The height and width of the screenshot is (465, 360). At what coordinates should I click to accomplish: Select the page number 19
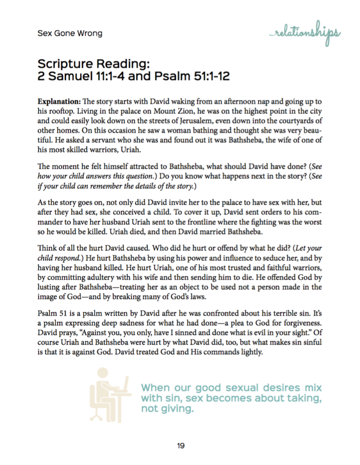180,445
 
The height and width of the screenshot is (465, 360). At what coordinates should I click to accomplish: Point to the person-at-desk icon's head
100,375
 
